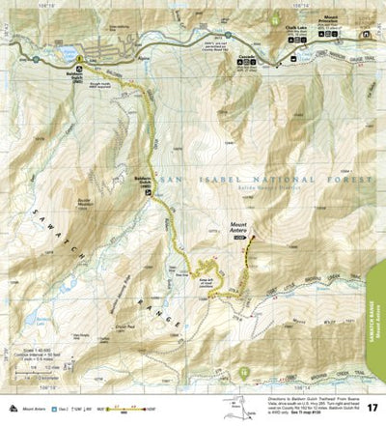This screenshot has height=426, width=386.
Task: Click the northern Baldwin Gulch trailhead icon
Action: pyautogui.click(x=78, y=63)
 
